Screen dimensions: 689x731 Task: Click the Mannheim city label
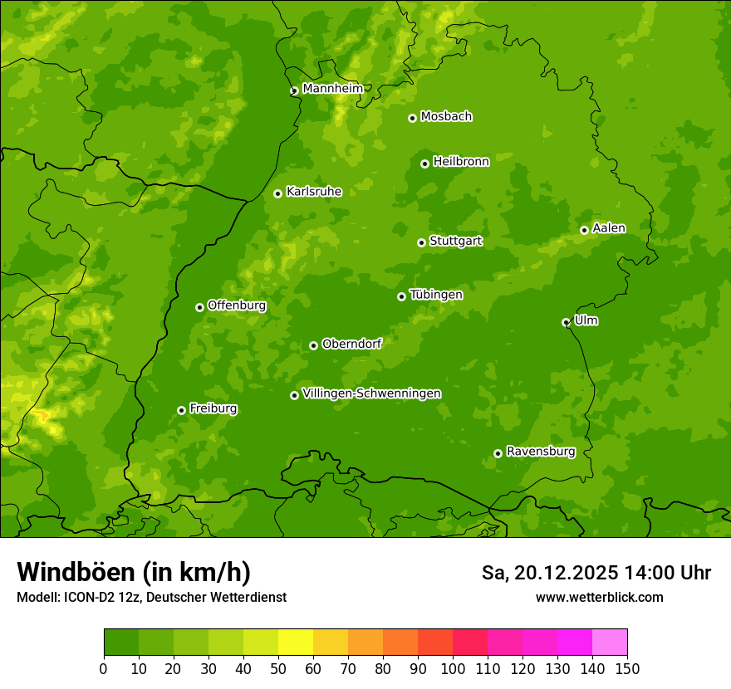(332, 88)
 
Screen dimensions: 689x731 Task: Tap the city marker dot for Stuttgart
(421, 242)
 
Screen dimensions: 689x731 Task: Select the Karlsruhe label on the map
(313, 192)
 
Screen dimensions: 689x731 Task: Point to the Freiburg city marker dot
(181, 410)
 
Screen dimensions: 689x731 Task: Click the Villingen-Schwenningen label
(371, 393)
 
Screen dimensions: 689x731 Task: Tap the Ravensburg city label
(540, 452)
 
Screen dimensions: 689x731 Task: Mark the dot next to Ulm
(566, 322)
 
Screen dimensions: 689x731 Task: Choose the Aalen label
(609, 228)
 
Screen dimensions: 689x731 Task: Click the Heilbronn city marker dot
(424, 164)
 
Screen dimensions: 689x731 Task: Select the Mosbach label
(446, 117)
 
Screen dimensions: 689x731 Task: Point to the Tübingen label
(435, 295)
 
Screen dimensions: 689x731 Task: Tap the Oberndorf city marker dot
(313, 345)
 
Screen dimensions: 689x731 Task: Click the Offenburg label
(237, 305)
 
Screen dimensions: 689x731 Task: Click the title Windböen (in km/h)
(133, 572)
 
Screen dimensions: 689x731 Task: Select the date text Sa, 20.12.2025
(549, 573)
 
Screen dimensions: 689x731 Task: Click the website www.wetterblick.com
(599, 597)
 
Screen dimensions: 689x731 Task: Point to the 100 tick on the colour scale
(453, 668)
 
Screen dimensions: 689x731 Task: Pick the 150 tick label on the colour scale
(627, 668)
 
